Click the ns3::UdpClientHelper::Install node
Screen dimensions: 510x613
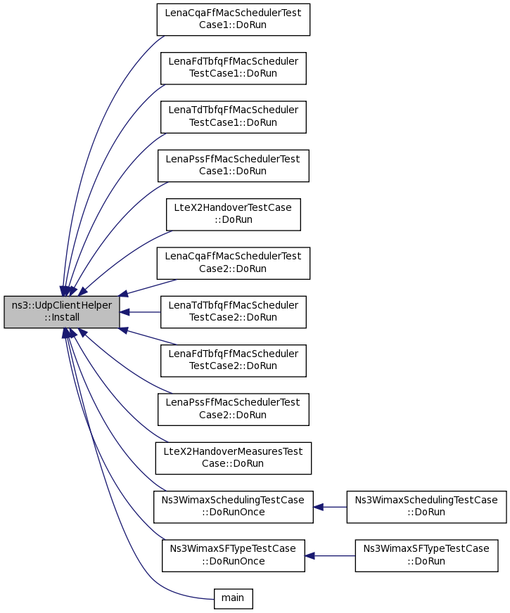62,311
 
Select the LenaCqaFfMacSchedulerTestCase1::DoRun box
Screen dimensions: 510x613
233,20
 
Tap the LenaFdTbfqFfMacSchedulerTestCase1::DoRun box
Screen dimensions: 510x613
233,68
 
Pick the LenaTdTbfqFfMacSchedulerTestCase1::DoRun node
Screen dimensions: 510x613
233,117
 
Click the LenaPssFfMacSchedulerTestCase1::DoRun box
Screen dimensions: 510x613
233,166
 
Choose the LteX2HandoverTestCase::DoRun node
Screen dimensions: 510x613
233,214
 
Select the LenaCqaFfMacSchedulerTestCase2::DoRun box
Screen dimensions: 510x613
233,263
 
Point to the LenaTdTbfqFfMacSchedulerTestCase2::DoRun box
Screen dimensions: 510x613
233,312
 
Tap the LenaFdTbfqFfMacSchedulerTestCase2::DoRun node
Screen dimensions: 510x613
233,361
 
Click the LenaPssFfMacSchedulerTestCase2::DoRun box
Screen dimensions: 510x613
233,409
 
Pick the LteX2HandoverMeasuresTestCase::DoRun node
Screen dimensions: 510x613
233,458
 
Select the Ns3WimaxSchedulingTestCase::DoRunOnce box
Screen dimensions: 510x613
233,507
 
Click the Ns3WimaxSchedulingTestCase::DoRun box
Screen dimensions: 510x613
426,507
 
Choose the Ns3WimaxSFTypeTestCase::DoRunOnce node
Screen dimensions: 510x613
233,555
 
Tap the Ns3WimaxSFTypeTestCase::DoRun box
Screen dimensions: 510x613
426,555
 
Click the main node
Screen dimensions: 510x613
233,598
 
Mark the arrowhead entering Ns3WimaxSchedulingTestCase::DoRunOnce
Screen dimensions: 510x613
318,507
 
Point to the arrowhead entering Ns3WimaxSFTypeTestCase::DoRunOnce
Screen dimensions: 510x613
310,556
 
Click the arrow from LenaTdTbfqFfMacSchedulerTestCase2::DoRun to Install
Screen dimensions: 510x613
140,312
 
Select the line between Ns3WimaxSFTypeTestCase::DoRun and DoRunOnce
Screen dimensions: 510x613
330,556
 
